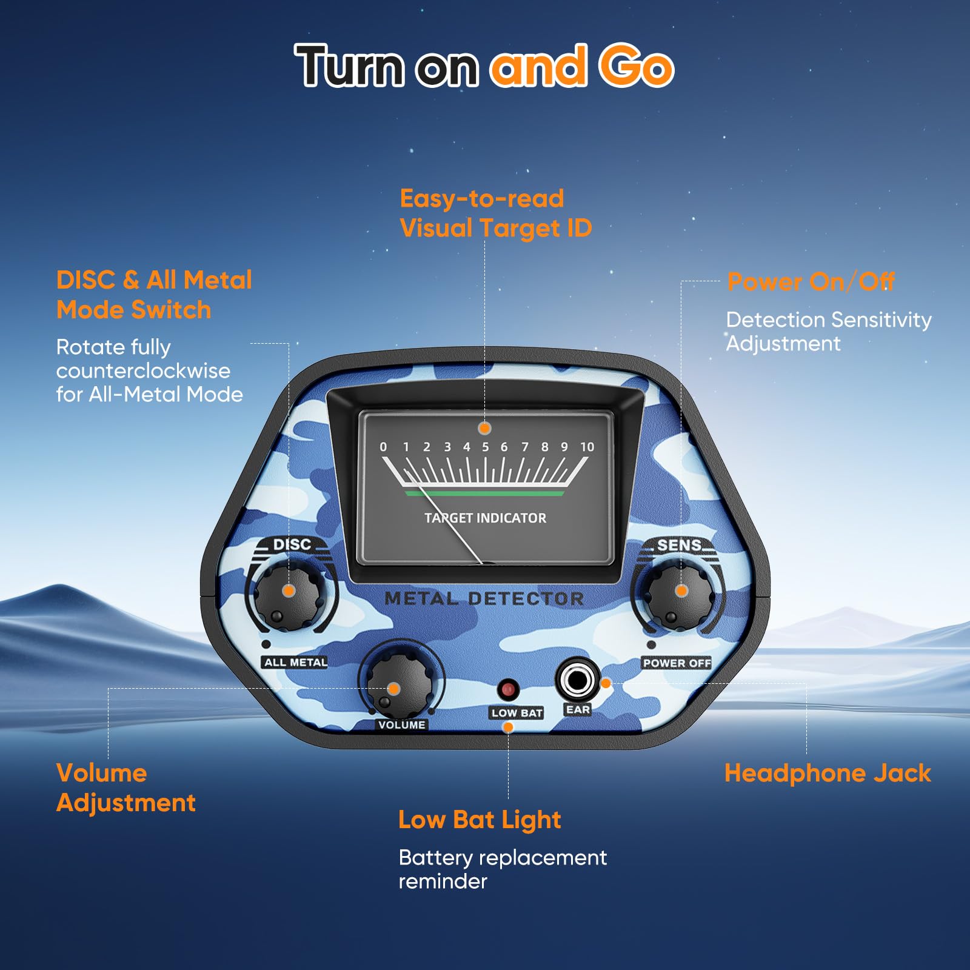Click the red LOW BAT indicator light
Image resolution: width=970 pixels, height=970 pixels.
(x=508, y=689)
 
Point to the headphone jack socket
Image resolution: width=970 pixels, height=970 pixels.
(x=577, y=680)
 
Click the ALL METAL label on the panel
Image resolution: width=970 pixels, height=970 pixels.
(x=296, y=663)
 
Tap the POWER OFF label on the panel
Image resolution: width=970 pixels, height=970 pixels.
(x=677, y=663)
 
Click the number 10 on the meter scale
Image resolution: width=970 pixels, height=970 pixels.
(x=587, y=447)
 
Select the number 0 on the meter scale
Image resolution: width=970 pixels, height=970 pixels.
(x=383, y=447)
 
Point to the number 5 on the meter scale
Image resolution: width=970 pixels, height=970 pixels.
(x=485, y=447)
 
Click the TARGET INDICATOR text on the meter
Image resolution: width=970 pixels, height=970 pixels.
(x=485, y=518)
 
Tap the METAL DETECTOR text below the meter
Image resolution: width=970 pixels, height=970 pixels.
(x=484, y=598)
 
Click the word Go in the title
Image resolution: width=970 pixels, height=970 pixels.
(x=636, y=65)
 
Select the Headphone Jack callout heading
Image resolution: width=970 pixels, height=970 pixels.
(x=828, y=774)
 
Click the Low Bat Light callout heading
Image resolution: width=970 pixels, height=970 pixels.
(x=480, y=820)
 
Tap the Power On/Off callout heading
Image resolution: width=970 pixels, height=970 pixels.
(x=811, y=282)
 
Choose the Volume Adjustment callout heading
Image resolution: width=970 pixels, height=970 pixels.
(x=126, y=788)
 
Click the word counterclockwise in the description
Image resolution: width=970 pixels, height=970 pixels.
(x=143, y=370)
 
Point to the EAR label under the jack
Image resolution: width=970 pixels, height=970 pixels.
(x=578, y=709)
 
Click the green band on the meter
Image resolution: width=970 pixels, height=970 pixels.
(x=485, y=493)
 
